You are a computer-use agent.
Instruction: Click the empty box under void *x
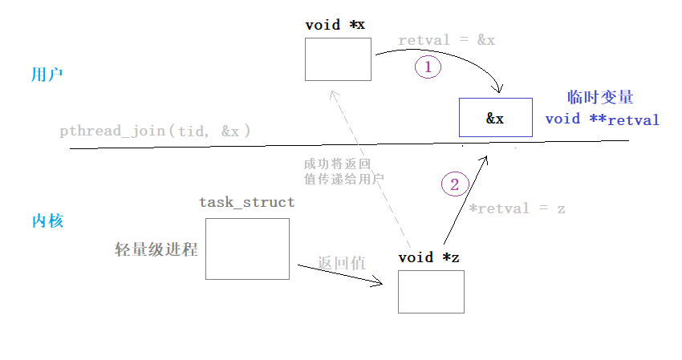(338, 59)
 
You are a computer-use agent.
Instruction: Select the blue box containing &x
(495, 118)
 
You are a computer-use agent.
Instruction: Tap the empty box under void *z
(431, 291)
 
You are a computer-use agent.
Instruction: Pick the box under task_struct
(247, 249)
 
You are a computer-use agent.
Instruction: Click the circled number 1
(428, 67)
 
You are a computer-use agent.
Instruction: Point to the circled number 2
(454, 184)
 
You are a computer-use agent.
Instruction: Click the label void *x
(335, 25)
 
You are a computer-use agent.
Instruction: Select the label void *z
(428, 257)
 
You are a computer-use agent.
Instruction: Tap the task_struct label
(246, 202)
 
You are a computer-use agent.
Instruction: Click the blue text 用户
(47, 75)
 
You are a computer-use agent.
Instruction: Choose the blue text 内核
(47, 221)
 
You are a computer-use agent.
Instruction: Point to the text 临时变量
(600, 97)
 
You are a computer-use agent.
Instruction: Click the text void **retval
(602, 120)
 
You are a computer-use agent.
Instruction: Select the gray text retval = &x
(446, 40)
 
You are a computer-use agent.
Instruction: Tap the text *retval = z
(517, 208)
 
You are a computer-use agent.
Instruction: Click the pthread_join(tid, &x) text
(155, 131)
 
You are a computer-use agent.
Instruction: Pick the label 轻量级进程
(156, 249)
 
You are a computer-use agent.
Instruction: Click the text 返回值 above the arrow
(341, 262)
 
